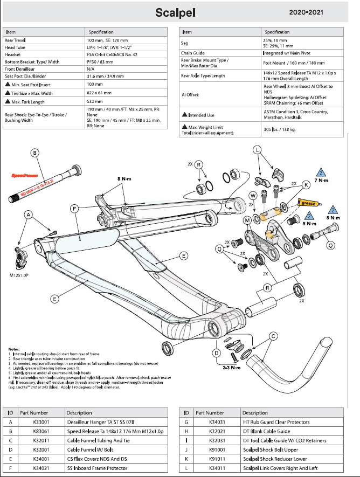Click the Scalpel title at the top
pos(175,12)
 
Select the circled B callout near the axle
pos(35,154)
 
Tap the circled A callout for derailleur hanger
pos(29,214)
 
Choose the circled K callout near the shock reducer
pos(306,185)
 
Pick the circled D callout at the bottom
pos(217,353)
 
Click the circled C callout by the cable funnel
pos(274,336)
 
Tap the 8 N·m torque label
pos(125,179)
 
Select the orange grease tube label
pos(308,204)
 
